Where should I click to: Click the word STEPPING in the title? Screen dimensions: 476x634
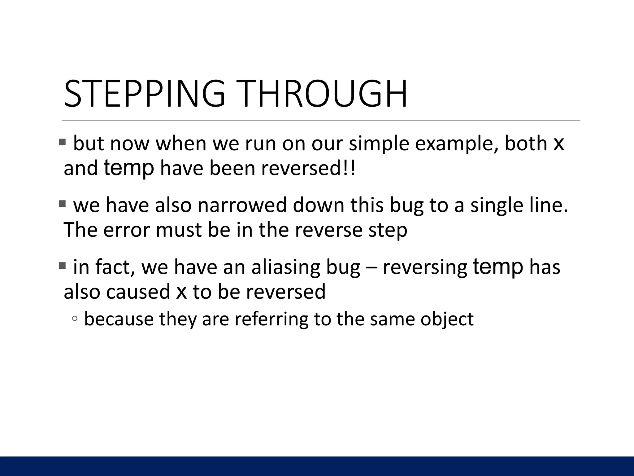point(144,94)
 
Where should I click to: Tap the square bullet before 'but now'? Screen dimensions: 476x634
point(62,142)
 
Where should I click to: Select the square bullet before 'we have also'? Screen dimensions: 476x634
point(62,204)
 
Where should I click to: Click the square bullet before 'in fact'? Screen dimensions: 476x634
point(62,266)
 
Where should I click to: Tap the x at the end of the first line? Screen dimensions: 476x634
point(558,143)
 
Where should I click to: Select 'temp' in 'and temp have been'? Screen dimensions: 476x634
point(128,168)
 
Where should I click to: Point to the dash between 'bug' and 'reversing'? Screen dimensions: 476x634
point(371,267)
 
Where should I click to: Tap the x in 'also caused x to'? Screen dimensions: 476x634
point(181,292)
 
